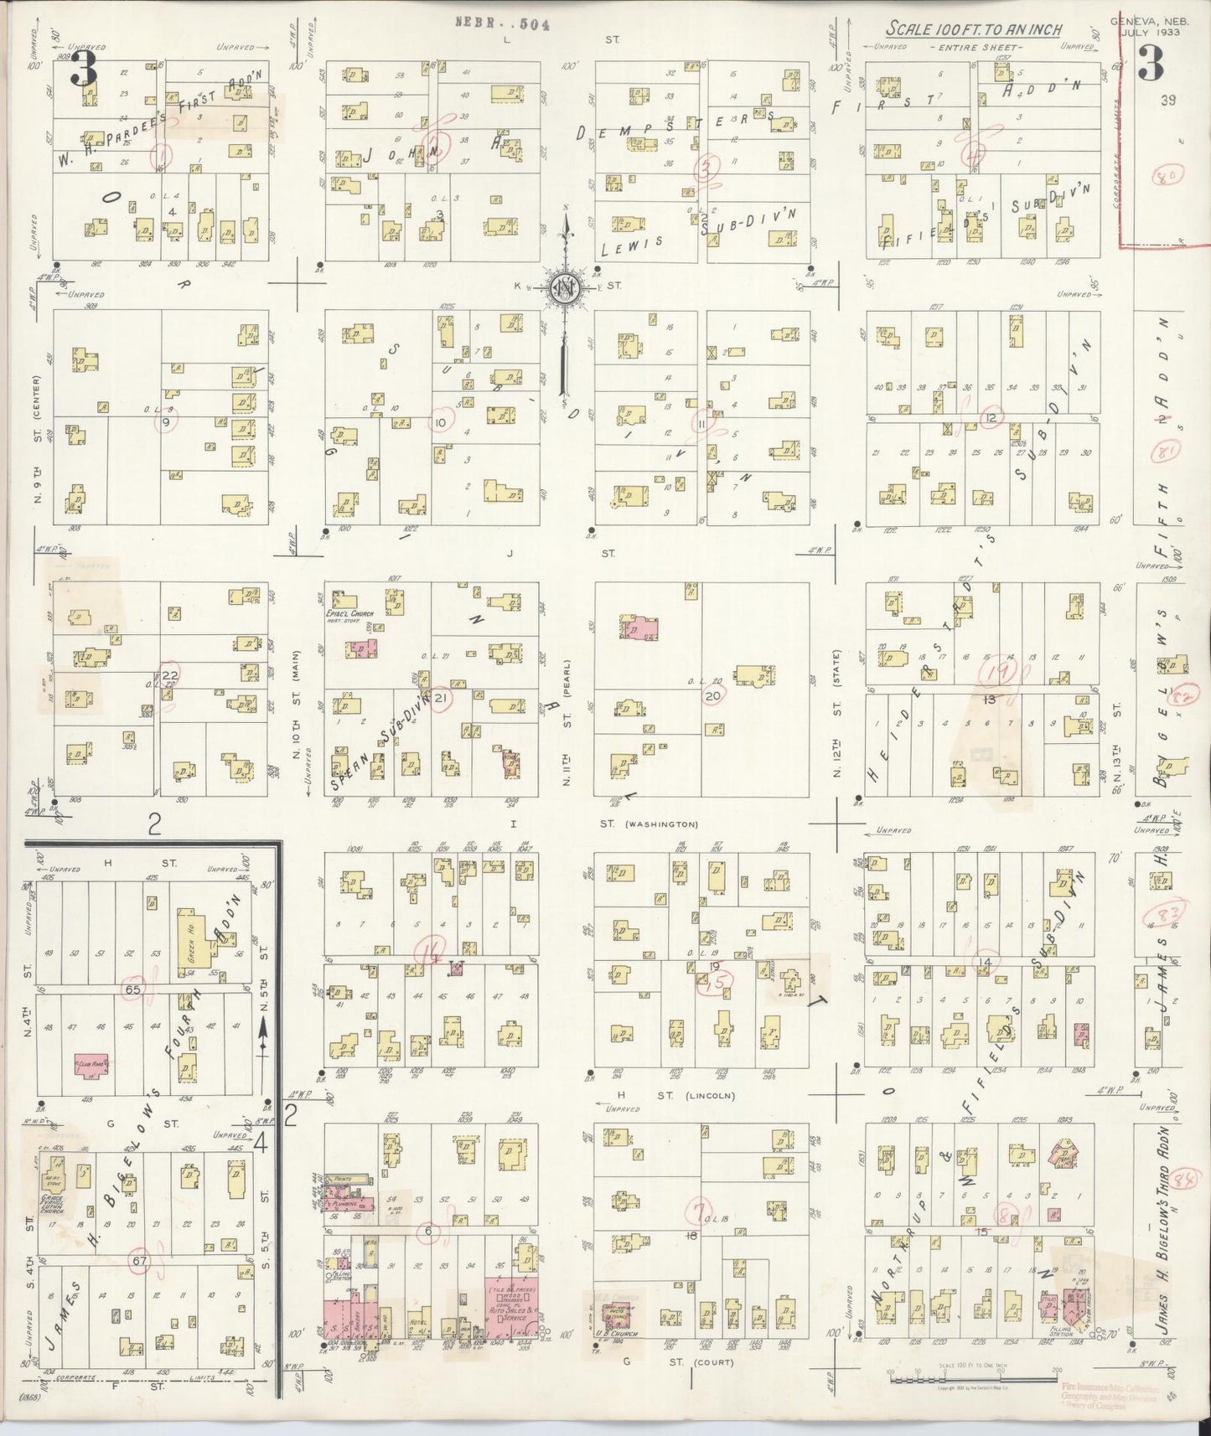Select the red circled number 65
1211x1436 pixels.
click(132, 989)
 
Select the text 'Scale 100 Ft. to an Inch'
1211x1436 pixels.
click(974, 29)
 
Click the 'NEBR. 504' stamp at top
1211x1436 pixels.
click(501, 24)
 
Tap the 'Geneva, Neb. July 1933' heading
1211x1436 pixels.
click(1145, 28)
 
